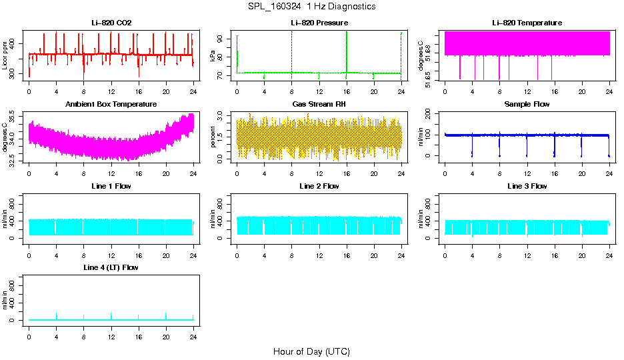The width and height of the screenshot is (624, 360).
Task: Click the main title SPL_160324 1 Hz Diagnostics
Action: pyautogui.click(x=311, y=6)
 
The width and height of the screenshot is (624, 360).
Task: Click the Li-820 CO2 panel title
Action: pyautogui.click(x=111, y=23)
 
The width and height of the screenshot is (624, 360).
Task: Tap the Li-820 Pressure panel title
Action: pyautogui.click(x=319, y=23)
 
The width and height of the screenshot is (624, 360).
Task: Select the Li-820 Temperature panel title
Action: pyautogui.click(x=527, y=23)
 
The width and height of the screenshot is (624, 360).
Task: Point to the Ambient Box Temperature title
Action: pyautogui.click(x=111, y=104)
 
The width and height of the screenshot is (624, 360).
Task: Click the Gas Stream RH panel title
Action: pyautogui.click(x=319, y=104)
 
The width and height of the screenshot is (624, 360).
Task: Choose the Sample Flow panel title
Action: pyautogui.click(x=527, y=104)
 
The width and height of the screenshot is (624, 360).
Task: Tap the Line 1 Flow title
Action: pyautogui.click(x=111, y=186)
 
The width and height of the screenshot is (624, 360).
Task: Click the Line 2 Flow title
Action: pyautogui.click(x=319, y=186)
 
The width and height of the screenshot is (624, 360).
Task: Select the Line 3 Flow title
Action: pyautogui.click(x=527, y=186)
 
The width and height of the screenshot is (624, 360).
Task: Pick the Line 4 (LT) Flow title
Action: pyautogui.click(x=111, y=267)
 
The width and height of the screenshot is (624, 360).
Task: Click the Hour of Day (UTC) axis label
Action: pyautogui.click(x=311, y=351)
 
